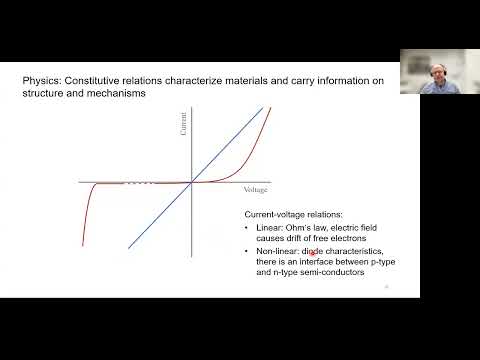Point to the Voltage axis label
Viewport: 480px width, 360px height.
tap(257, 189)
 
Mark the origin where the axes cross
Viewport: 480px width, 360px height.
tap(191, 183)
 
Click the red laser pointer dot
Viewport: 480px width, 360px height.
tap(314, 253)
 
